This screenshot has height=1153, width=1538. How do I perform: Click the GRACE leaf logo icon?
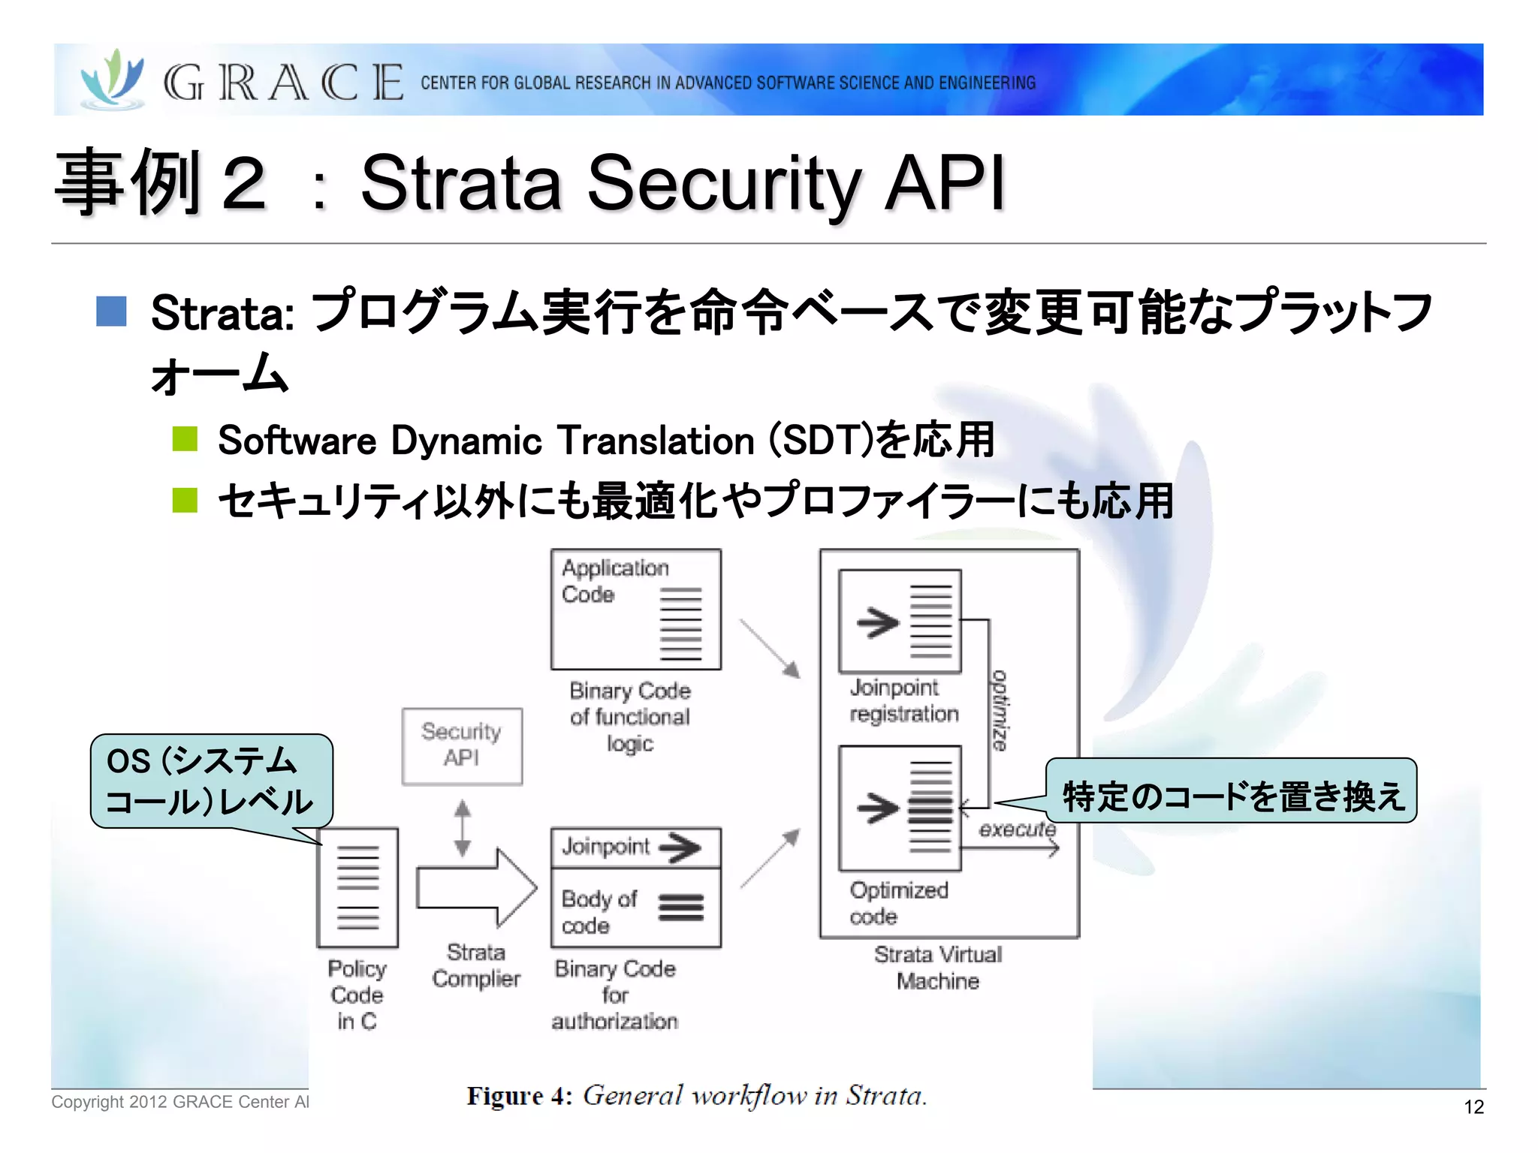[113, 79]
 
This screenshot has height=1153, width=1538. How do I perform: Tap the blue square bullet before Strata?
[111, 312]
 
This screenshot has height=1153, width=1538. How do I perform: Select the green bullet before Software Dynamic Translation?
[185, 439]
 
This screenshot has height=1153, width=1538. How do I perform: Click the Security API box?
[462, 745]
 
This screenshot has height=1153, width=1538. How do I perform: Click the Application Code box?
[635, 609]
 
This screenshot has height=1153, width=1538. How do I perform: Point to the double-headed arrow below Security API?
[463, 828]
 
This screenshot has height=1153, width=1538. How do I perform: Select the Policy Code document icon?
[357, 888]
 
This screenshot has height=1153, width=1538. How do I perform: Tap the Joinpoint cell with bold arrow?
[635, 847]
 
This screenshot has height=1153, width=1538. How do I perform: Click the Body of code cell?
[635, 909]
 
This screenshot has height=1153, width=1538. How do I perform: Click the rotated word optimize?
[1000, 710]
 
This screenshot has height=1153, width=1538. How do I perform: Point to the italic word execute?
[1017, 829]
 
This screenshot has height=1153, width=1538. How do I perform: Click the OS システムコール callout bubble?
[210, 781]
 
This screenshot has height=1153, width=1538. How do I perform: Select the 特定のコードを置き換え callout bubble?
[1232, 792]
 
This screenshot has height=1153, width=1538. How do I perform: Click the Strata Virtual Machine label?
[938, 968]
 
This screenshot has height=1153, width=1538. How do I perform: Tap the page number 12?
[1473, 1106]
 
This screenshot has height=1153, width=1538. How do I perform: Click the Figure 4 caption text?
[696, 1096]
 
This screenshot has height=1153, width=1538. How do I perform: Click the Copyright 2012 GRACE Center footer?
[180, 1101]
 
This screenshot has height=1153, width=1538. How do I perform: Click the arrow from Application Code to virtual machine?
[770, 648]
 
